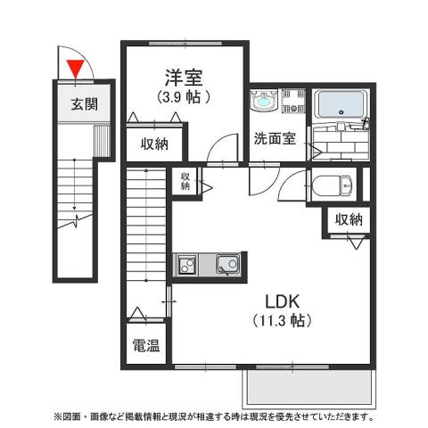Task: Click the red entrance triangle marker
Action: point(76,68)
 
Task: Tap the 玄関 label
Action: point(85,104)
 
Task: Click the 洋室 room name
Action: point(183,77)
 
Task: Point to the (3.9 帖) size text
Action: point(184,96)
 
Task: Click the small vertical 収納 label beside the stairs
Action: point(184,181)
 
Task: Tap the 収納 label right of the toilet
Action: point(349,219)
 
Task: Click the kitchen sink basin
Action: point(226,264)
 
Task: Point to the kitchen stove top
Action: point(187,264)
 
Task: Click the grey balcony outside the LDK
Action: point(308,385)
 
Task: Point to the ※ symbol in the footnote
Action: point(58,416)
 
